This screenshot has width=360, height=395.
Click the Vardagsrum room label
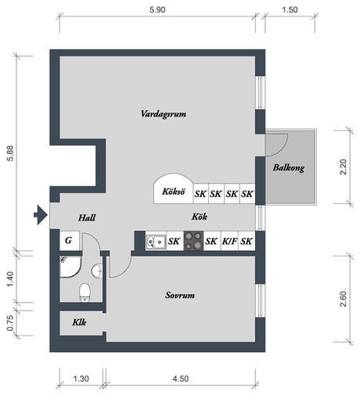click(163, 114)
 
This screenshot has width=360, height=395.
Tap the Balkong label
click(289, 167)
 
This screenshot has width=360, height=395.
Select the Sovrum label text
click(179, 296)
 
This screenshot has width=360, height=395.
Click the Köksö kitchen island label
click(172, 192)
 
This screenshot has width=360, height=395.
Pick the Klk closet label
click(79, 321)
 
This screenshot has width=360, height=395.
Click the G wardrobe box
click(69, 241)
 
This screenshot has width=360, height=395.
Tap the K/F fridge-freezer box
click(230, 241)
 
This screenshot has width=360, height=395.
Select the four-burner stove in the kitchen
click(194, 241)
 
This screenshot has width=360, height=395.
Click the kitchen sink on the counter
click(156, 241)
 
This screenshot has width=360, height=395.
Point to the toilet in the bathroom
click(85, 293)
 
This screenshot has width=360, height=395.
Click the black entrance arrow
click(38, 213)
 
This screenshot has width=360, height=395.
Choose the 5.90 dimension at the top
click(161, 10)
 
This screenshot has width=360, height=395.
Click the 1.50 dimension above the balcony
click(289, 10)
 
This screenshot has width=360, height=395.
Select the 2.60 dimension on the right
click(342, 299)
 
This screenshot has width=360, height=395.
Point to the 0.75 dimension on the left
click(9, 321)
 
